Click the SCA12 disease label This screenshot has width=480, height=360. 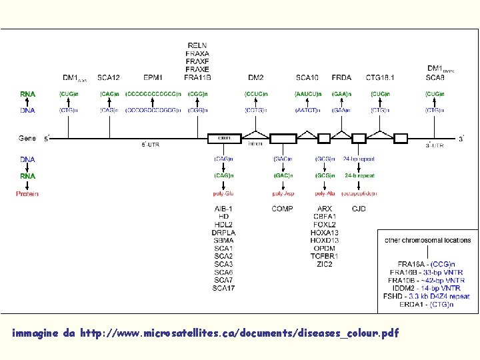[109, 78]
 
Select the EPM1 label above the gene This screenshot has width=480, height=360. [153, 78]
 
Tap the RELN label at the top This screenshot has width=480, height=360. [197, 45]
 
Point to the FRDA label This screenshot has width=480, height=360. [341, 78]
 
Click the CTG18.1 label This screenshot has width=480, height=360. [380, 78]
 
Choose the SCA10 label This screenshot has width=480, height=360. [307, 78]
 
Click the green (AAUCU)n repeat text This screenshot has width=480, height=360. [307, 94]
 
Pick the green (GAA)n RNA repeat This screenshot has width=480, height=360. [341, 94]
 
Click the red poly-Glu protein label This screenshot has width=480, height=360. [223, 193]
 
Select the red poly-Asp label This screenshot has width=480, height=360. [283, 193]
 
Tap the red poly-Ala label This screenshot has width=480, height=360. [325, 193]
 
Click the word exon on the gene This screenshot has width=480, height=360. [225, 138]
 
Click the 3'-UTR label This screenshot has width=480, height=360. [434, 145]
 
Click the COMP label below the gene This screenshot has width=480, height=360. [282, 209]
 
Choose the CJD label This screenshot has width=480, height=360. [359, 209]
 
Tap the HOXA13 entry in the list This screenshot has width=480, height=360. [325, 233]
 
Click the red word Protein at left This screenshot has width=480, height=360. [27, 193]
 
